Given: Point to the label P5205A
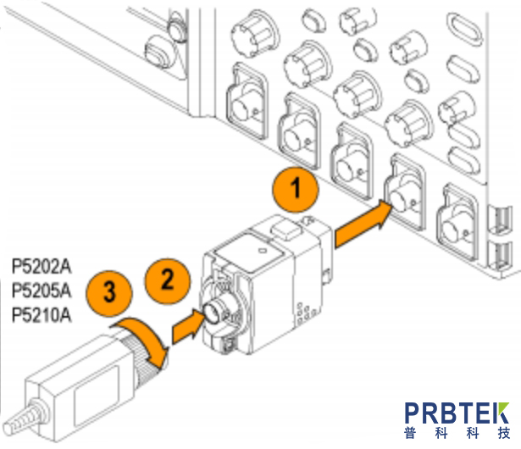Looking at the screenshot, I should pyautogui.click(x=42, y=292).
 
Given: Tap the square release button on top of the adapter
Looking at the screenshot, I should pyautogui.click(x=283, y=228).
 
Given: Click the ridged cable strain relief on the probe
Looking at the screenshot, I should pyautogui.click(x=19, y=421).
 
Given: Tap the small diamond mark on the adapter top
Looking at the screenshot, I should pyautogui.click(x=262, y=252).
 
